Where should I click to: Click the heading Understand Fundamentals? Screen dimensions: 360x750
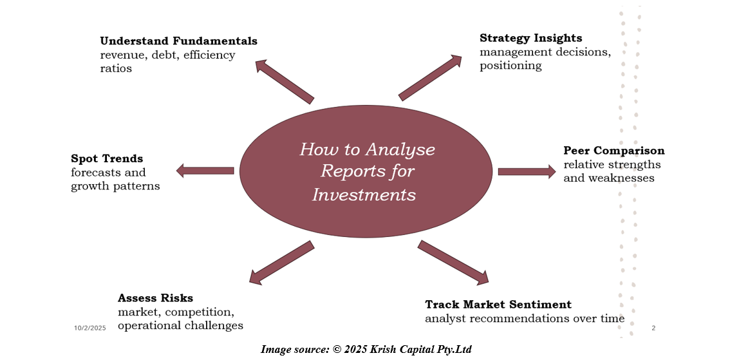[x=178, y=41]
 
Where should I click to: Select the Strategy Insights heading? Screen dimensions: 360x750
[x=530, y=38]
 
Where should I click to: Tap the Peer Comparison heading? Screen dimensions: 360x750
[x=614, y=151]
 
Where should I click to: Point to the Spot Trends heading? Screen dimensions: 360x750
[x=107, y=158]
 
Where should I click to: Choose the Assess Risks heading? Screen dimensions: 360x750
[x=155, y=298]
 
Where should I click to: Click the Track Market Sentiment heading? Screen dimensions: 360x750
[x=498, y=305]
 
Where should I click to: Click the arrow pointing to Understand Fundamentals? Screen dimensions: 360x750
[x=284, y=81]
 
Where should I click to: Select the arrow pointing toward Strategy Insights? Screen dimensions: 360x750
[x=431, y=77]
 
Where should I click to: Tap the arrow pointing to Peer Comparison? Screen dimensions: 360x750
[x=527, y=171]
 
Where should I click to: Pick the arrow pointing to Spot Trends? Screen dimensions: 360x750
[x=205, y=171]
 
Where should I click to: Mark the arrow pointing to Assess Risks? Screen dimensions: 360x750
[x=281, y=263]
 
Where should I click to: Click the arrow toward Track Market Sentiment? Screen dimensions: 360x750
[x=453, y=263]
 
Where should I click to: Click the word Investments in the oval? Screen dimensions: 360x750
[x=364, y=194]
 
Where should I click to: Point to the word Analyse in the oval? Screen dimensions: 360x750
[x=400, y=150]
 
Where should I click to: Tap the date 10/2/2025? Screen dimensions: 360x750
[x=89, y=328]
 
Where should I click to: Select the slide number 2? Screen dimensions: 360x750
[x=653, y=328]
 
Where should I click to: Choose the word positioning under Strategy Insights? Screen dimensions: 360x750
[x=511, y=66]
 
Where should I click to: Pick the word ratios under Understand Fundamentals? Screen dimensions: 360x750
[x=116, y=68]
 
